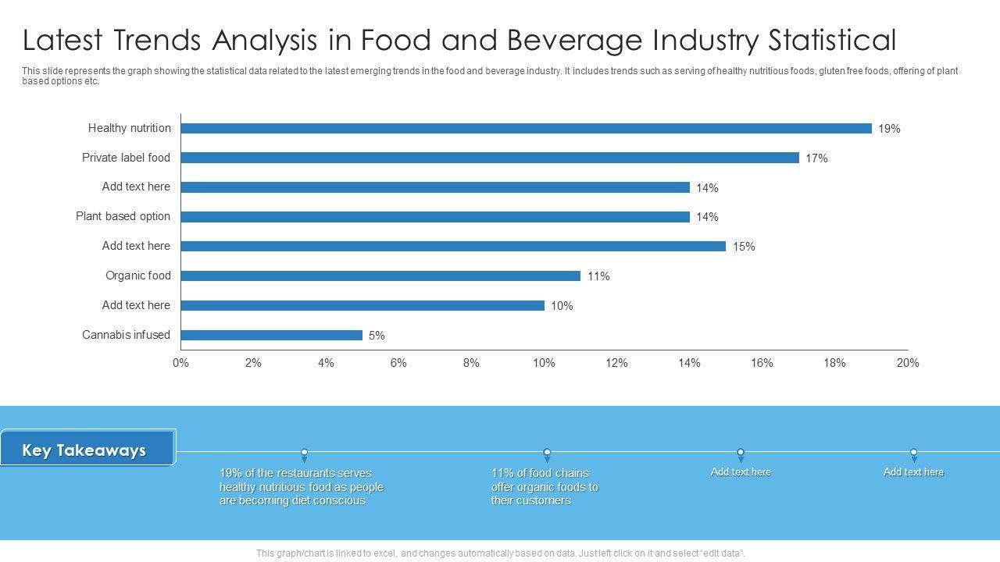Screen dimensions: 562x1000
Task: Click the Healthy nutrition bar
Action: point(526,129)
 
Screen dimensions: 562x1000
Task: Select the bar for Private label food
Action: point(490,158)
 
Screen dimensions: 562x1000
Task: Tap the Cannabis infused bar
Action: point(272,336)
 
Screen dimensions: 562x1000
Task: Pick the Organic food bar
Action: point(380,276)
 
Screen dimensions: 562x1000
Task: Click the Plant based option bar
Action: point(435,217)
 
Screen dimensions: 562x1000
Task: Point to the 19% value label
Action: point(889,129)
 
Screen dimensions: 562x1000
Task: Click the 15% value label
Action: point(744,247)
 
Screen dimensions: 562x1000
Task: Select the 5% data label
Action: point(377,336)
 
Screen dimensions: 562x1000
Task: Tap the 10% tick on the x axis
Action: point(544,363)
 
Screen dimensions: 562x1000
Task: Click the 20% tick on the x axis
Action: point(908,363)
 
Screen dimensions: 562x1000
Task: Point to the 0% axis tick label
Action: point(180,363)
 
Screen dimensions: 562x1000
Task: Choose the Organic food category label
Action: point(137,276)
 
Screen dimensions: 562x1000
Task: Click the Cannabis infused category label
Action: point(126,335)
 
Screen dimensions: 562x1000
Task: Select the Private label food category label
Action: point(126,158)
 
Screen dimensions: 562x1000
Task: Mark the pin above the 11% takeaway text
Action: point(547,454)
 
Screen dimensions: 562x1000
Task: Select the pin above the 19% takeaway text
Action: point(305,454)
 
